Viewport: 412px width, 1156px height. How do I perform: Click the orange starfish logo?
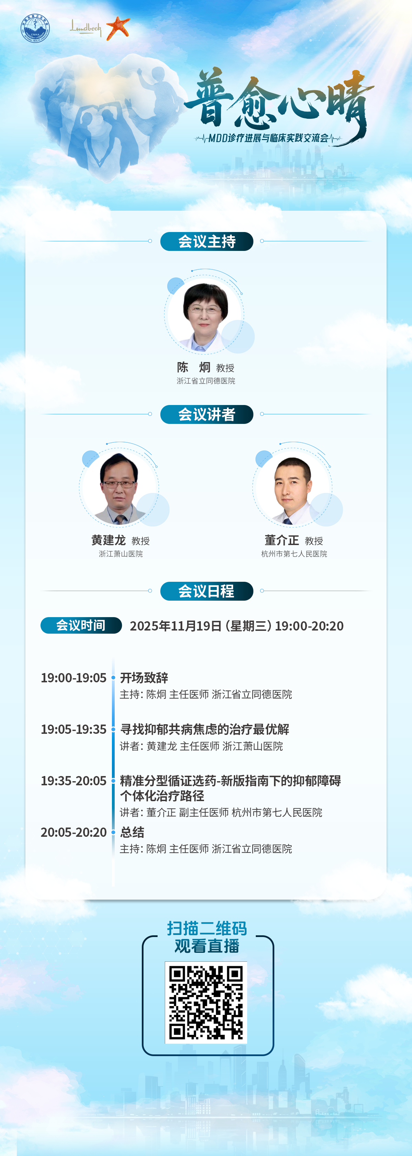(118, 28)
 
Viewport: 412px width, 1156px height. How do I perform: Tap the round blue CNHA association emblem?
(35, 28)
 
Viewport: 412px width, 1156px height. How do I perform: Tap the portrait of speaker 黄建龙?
(119, 489)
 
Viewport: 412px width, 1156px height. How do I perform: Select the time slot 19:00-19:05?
(73, 678)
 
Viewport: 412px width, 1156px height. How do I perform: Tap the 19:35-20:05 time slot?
(73, 781)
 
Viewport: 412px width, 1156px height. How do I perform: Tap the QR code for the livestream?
(206, 1003)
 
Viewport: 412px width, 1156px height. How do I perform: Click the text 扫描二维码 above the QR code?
(207, 928)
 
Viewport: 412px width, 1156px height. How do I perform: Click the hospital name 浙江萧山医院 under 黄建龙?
(121, 554)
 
